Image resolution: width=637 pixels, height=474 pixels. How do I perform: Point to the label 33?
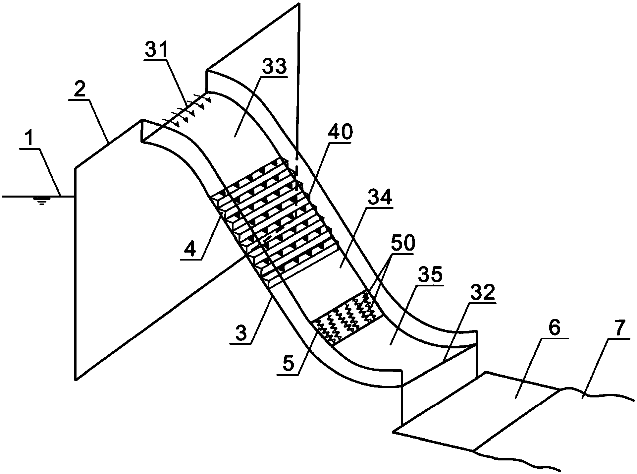point(274,68)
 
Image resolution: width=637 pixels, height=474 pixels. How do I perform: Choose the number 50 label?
point(402,244)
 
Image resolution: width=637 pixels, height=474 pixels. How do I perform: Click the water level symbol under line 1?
point(41,200)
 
